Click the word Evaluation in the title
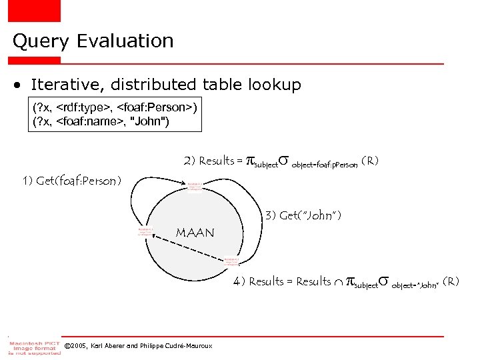[x=125, y=41]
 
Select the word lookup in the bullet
[x=275, y=85]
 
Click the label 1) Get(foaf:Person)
[x=71, y=181]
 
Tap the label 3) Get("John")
[x=303, y=215]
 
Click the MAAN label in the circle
[x=195, y=233]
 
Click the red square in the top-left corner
[x=34, y=10]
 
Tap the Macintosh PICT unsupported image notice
[x=31, y=346]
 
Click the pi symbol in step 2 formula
[x=251, y=160]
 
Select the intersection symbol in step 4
[x=339, y=281]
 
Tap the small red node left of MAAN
[x=145, y=231]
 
